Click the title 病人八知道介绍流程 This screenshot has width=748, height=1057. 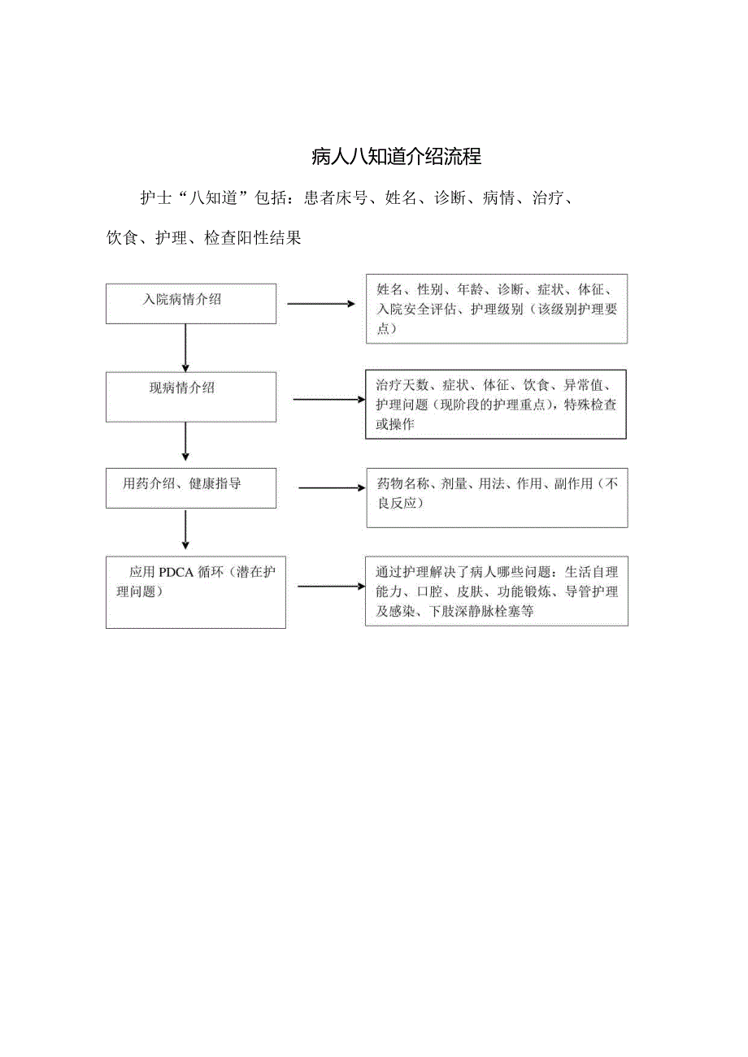click(x=397, y=157)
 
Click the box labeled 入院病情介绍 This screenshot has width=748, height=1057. click(x=191, y=304)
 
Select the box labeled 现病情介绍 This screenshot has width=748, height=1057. click(x=191, y=396)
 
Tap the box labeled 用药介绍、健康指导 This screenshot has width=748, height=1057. click(x=191, y=488)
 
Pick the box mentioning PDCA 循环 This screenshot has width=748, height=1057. click(x=195, y=592)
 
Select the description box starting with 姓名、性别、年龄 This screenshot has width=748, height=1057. click(x=496, y=309)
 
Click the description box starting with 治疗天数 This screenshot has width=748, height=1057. click(x=496, y=404)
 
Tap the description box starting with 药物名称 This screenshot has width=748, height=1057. click(x=496, y=497)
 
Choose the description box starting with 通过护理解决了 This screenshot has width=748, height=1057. click(x=496, y=591)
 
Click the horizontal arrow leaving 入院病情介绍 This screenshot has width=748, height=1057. click(x=321, y=304)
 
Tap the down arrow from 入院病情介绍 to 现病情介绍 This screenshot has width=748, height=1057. click(x=186, y=348)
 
